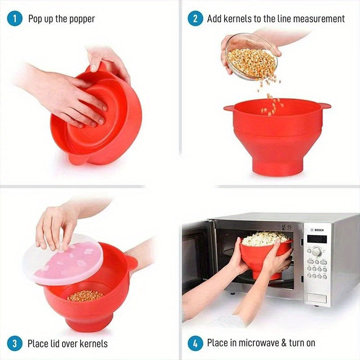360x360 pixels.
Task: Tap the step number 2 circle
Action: pyautogui.click(x=195, y=19)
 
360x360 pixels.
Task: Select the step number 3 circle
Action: pyautogui.click(x=15, y=344)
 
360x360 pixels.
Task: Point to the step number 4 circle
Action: pyautogui.click(x=195, y=344)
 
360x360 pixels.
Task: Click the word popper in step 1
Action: pyautogui.click(x=82, y=19)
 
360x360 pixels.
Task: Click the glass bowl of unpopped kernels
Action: pyautogui.click(x=251, y=56)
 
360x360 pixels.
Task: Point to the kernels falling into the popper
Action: pyautogui.click(x=272, y=101)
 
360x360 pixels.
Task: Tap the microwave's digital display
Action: pyautogui.click(x=316, y=239)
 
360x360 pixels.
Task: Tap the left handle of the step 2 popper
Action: pyautogui.click(x=229, y=108)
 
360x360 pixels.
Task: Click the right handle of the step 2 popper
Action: pyautogui.click(x=325, y=106)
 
